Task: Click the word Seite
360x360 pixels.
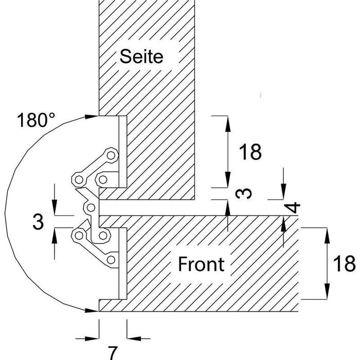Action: click(x=141, y=56)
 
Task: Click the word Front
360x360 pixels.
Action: click(x=201, y=264)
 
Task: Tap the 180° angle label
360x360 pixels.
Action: click(x=36, y=120)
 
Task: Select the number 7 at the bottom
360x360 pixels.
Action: click(x=113, y=353)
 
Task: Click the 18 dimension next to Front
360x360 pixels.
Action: click(x=344, y=264)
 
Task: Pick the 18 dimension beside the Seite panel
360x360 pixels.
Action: click(x=250, y=152)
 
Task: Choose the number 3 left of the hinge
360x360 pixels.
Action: click(x=38, y=222)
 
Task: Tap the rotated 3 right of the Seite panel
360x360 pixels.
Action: click(x=244, y=193)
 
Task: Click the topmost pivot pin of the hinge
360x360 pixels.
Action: click(x=112, y=155)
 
